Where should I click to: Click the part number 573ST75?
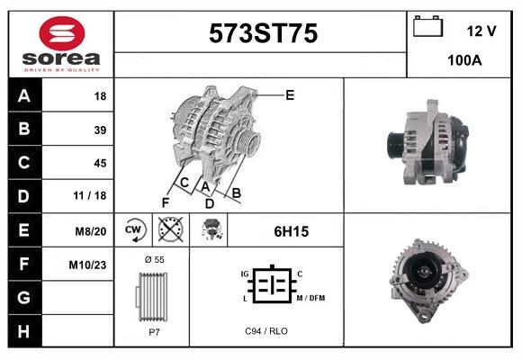coord(263,34)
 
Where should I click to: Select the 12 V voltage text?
coord(481,31)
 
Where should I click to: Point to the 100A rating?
coord(465,61)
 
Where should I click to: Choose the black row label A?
coord(24,96)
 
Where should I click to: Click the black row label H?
coord(24,331)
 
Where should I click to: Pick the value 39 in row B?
coord(100,130)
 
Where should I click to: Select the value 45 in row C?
coord(100,163)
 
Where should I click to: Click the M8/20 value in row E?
coord(91,230)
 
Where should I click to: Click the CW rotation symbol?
coord(133,229)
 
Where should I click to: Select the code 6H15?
coord(291,231)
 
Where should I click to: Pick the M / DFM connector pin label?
coord(310,298)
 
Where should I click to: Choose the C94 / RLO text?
coord(265,331)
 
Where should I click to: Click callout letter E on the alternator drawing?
coord(290,94)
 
